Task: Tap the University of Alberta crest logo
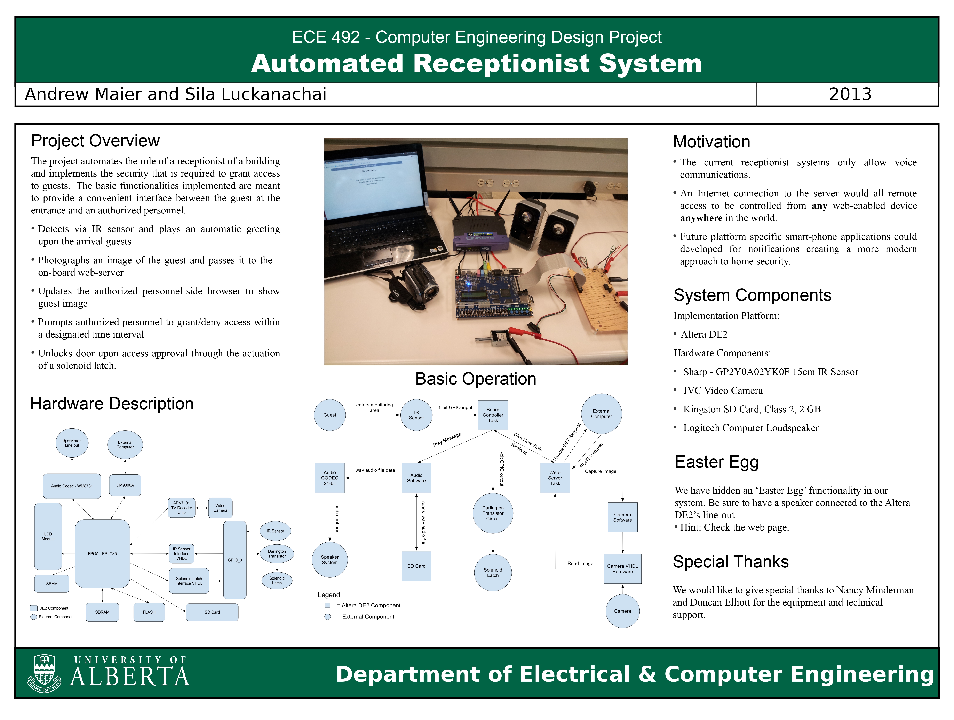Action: pos(44,673)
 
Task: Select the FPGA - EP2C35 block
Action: pos(102,553)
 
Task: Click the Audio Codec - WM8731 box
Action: pos(72,486)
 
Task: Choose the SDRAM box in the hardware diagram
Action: pos(102,612)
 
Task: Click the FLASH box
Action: pos(149,612)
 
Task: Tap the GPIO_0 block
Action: pos(235,560)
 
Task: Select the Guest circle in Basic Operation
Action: pos(330,415)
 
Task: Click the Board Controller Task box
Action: pos(493,415)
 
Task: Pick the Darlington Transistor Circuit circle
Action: pos(493,513)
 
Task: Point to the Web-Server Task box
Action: pos(555,478)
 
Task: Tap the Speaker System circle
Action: pos(330,560)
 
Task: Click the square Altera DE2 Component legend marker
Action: pos(328,605)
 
